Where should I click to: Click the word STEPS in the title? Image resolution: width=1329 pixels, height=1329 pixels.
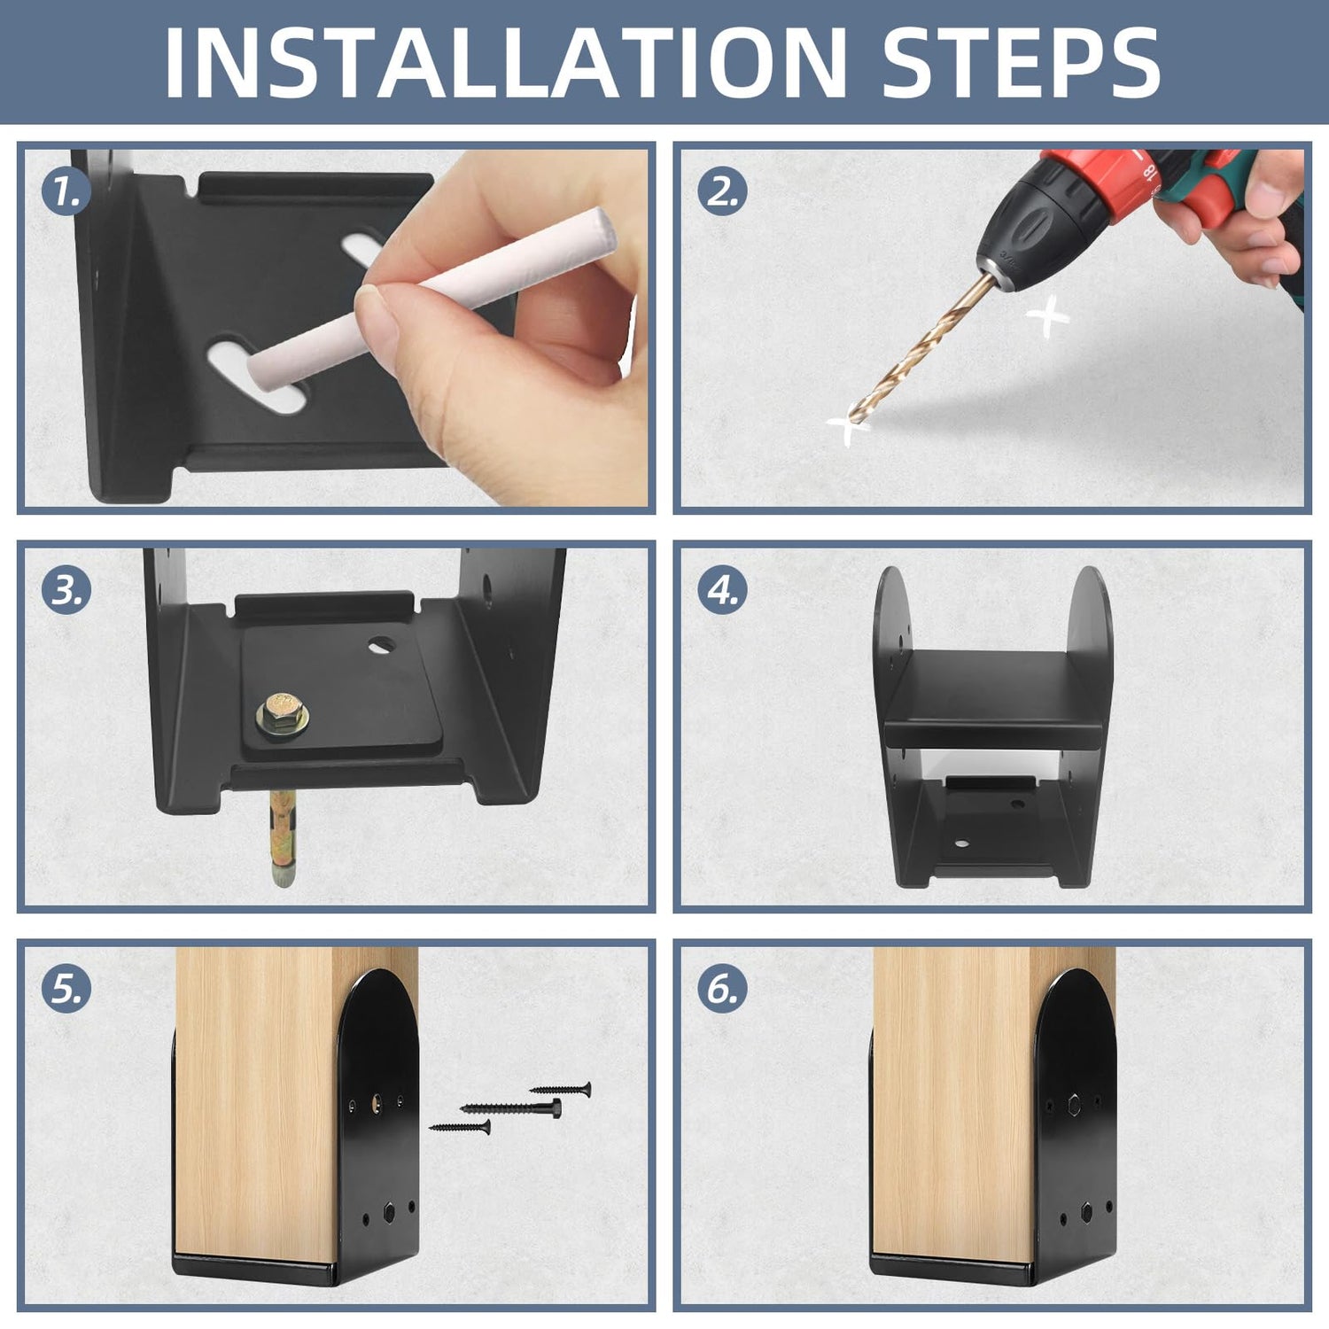[x=1022, y=63]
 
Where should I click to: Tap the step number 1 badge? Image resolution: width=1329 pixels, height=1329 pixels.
[x=66, y=191]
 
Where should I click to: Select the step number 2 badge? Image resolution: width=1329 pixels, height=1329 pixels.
[x=722, y=191]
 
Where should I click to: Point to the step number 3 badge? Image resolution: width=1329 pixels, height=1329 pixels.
[x=66, y=590]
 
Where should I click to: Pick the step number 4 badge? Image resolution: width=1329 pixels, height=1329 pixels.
[x=722, y=590]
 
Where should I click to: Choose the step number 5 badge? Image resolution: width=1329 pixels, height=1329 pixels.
[x=66, y=989]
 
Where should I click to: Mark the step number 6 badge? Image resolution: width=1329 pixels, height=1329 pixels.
[x=722, y=989]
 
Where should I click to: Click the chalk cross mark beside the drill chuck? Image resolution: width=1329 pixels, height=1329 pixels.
[x=1047, y=317]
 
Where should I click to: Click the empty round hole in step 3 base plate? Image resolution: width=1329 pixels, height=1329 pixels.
[x=383, y=644]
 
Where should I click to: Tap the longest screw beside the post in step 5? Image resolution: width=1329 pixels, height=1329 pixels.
[x=511, y=1107]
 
